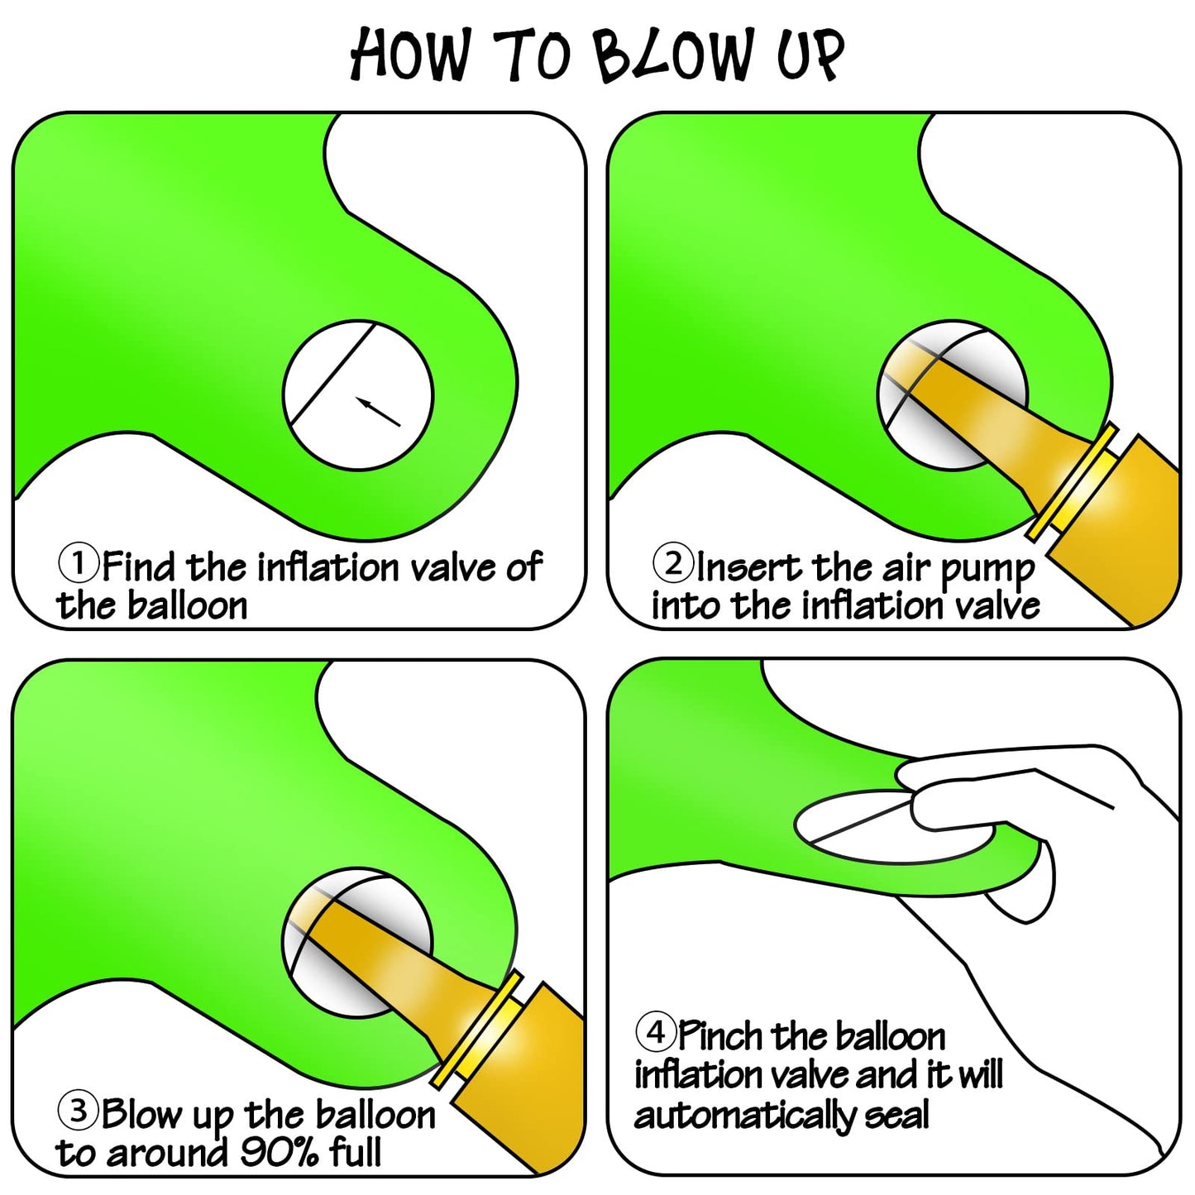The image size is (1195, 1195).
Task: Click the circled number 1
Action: pos(78,562)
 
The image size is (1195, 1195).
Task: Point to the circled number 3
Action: pos(78,1111)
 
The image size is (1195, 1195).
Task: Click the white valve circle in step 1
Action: pos(358,395)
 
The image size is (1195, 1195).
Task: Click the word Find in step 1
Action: pos(138,566)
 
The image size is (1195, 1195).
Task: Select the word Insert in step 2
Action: pos(748,566)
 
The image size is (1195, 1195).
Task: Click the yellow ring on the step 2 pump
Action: pos(1072,482)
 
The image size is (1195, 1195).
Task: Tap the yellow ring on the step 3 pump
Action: pos(476,1030)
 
